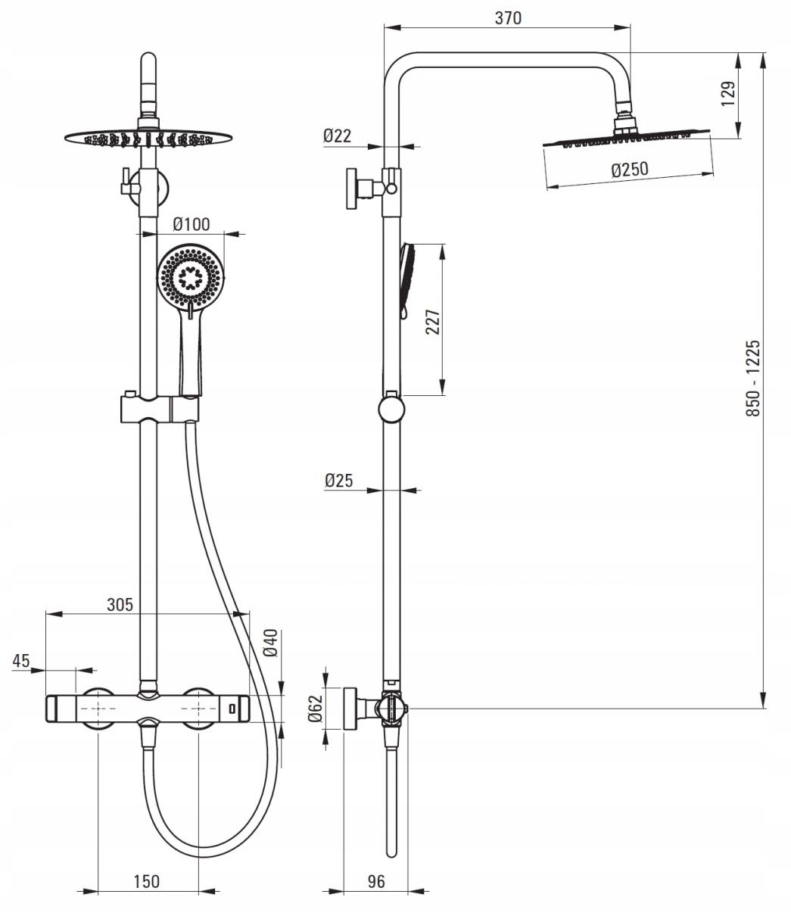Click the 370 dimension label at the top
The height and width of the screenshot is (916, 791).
coord(508,18)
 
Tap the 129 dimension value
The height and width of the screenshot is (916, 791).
coord(727,95)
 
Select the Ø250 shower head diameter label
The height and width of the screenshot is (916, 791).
coord(630,170)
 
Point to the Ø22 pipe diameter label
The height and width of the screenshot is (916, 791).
coord(338,136)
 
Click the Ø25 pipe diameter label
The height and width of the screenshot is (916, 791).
coord(338,480)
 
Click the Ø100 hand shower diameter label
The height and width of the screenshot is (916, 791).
coord(192,224)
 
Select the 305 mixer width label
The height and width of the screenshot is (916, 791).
coord(119,604)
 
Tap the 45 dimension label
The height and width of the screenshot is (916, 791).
coord(21,660)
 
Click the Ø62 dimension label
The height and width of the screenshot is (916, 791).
coord(316,709)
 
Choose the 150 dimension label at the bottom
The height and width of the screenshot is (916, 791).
coord(146,881)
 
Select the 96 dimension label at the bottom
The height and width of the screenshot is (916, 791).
coord(375,881)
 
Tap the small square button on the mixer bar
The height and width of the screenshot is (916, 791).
coord(232,709)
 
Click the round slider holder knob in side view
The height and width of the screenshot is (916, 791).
coord(391,410)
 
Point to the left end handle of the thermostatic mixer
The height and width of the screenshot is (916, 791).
coord(54,709)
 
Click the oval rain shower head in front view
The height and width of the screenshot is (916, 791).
coord(147,138)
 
